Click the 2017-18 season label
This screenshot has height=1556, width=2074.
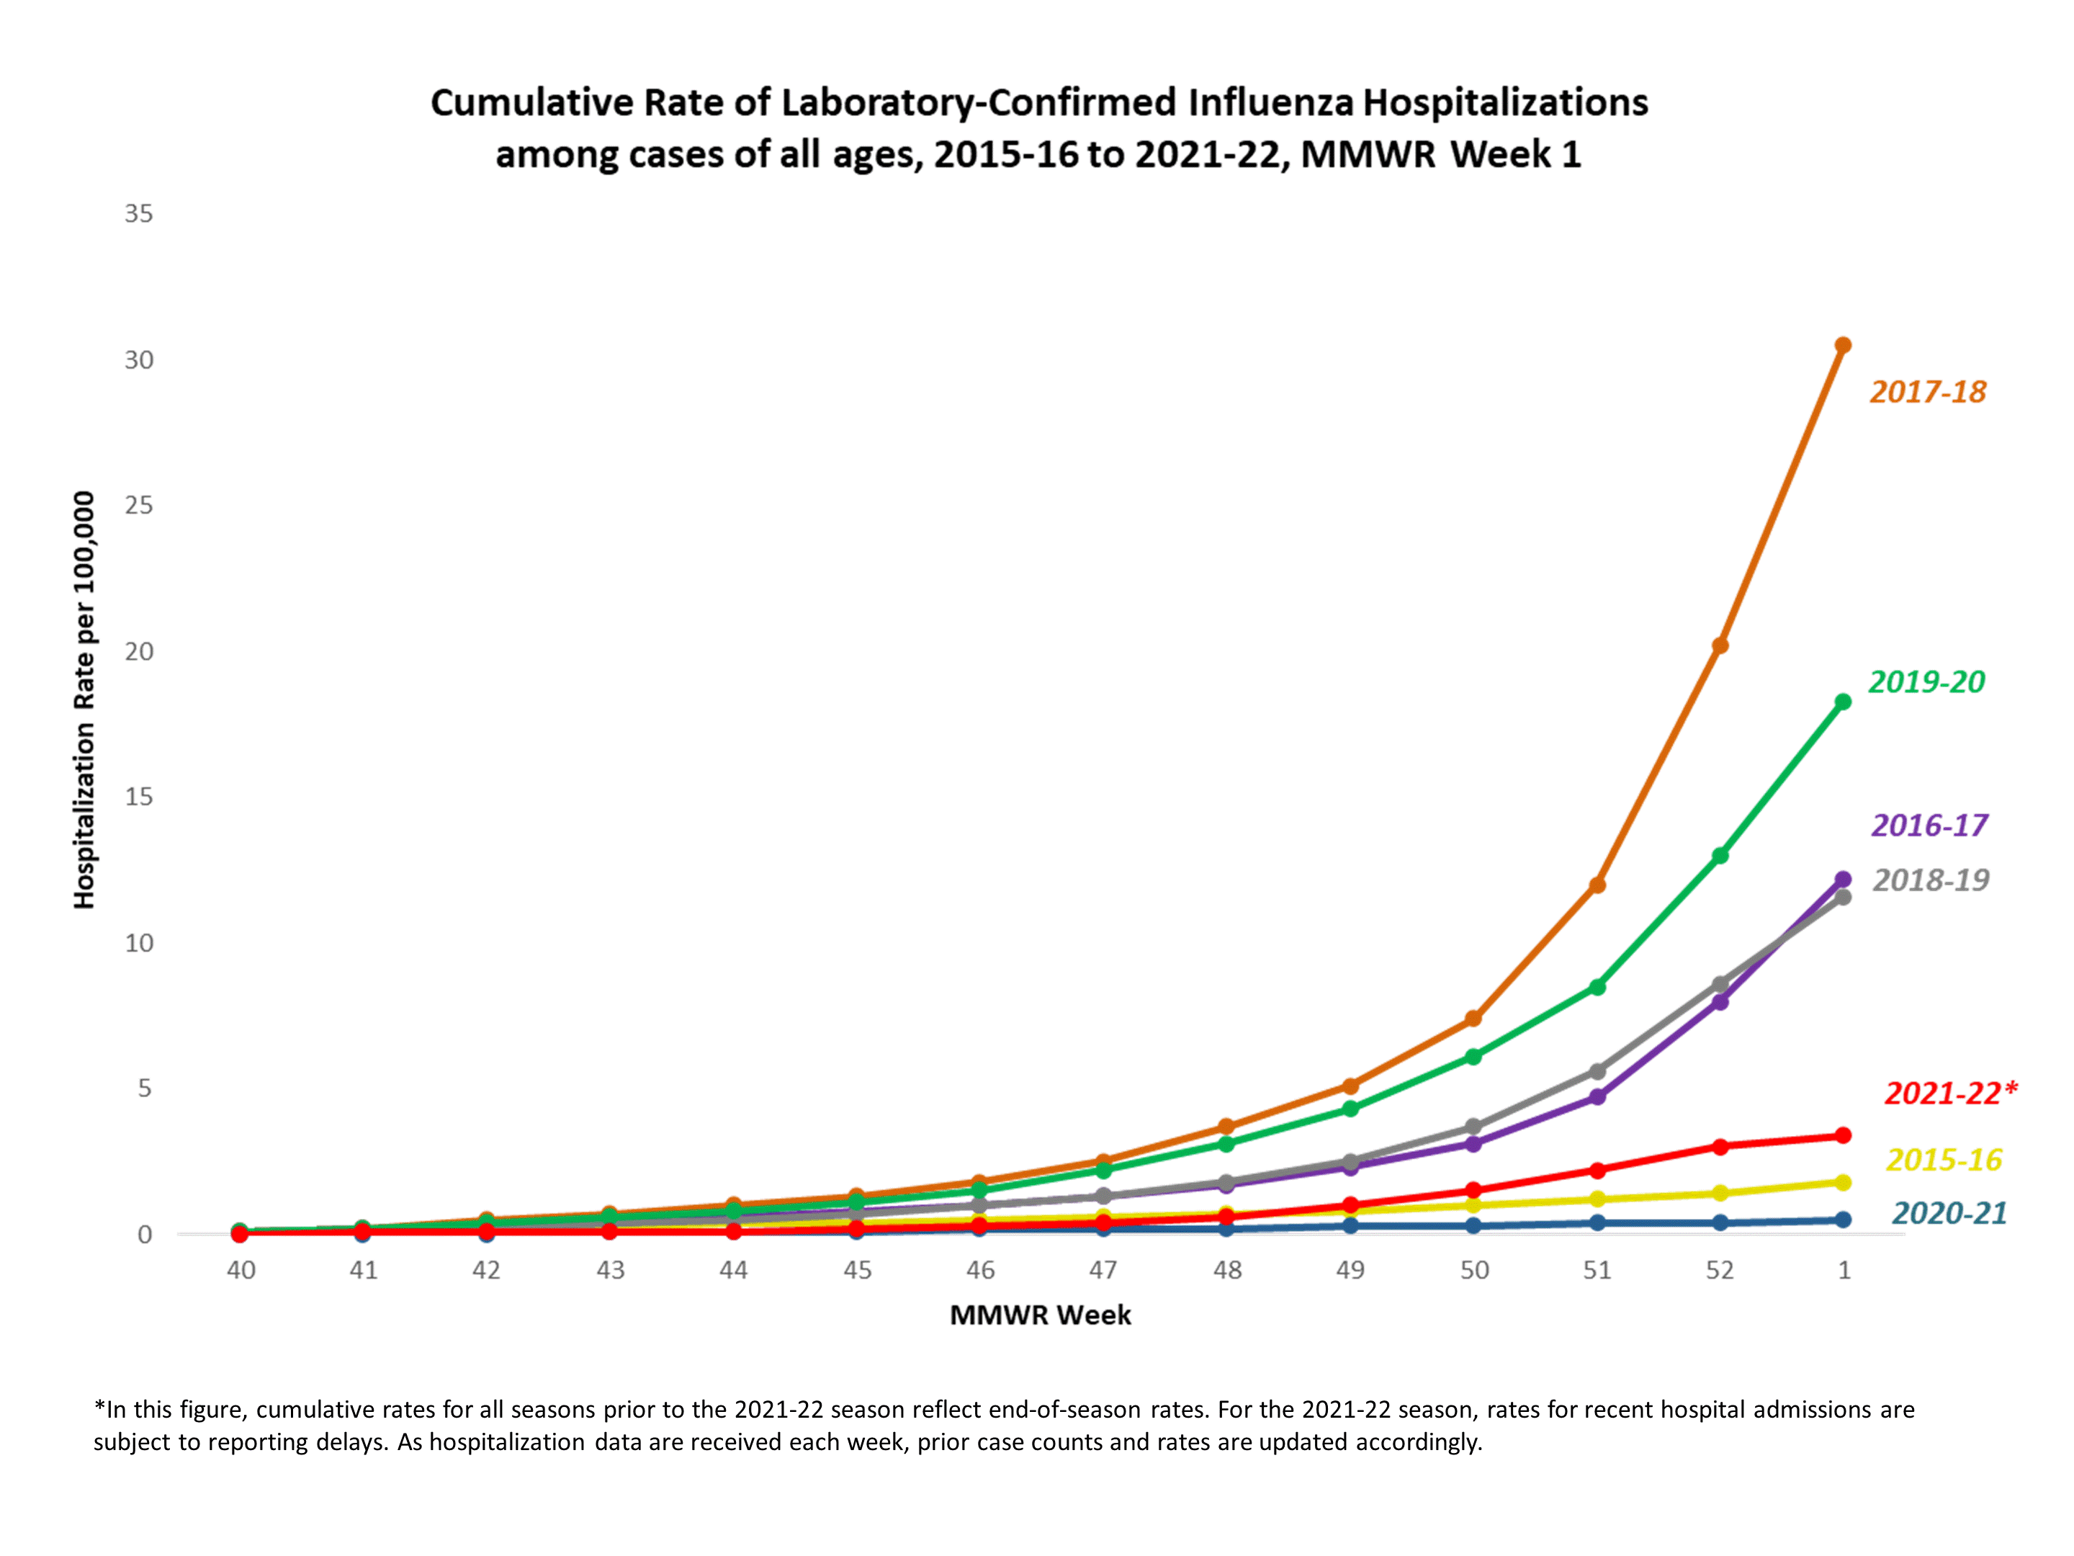pos(1928,391)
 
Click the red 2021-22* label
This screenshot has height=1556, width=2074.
pos(1950,1093)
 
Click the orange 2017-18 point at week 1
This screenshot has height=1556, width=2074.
pos(1842,345)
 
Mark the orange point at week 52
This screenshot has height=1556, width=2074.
pos(1720,645)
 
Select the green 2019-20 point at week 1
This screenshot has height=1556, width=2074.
pos(1842,702)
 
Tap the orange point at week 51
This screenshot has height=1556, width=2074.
pos(1597,885)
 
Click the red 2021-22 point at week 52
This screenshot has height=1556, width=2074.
pos(1720,1146)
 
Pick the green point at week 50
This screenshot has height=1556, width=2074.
pos(1473,1056)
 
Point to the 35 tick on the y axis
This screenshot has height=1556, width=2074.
pos(139,214)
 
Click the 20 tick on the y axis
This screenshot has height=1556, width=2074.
pos(139,651)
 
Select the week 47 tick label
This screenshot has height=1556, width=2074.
pos(1103,1270)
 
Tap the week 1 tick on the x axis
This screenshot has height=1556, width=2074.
pos(1844,1270)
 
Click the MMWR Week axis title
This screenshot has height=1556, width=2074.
pos(1040,1315)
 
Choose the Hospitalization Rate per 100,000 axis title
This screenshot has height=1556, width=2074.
pos(84,699)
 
